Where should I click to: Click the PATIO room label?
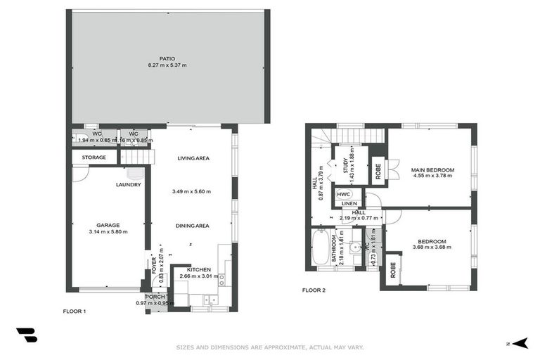click(167, 58)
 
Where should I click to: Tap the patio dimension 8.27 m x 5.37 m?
click(167, 65)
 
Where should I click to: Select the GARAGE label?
click(108, 225)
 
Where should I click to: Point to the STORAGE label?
click(94, 157)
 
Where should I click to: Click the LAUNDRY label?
click(129, 185)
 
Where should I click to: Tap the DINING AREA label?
click(193, 226)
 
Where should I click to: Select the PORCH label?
click(155, 297)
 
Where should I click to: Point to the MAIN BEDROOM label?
click(433, 169)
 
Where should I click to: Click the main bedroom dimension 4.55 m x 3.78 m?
click(433, 176)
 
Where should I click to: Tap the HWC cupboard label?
click(343, 195)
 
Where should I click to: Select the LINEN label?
click(349, 204)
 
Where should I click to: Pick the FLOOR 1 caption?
click(74, 310)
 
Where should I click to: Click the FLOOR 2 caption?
click(314, 290)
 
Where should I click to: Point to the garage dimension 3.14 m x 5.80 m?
click(108, 231)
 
